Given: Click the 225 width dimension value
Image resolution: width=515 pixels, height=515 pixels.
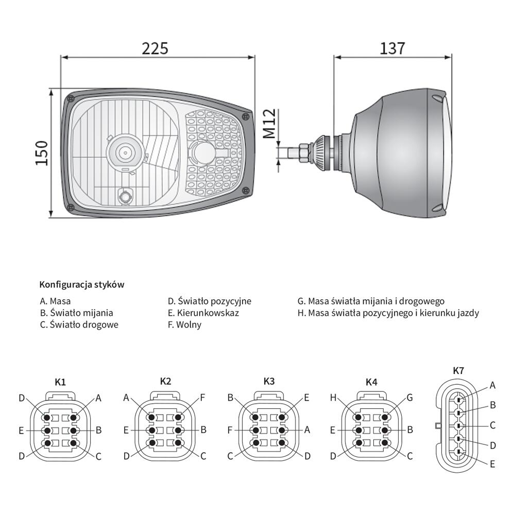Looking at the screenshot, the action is click(154, 48).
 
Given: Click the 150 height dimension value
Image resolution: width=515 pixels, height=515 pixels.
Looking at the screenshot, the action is click(42, 153).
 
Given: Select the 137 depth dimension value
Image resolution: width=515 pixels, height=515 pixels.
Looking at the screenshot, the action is click(392, 48).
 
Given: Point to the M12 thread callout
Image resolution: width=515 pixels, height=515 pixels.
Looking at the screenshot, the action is click(270, 124).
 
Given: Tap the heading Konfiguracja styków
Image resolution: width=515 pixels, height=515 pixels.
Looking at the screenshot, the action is click(82, 284).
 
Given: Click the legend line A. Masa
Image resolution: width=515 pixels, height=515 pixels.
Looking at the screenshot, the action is click(55, 301).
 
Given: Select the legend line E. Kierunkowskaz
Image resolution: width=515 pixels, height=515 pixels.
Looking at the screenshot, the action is click(203, 313).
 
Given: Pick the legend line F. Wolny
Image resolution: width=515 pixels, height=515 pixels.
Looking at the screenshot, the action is click(184, 324).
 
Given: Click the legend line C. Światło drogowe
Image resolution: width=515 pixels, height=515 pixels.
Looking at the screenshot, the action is click(79, 324).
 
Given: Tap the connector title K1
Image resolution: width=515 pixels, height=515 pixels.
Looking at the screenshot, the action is click(60, 382).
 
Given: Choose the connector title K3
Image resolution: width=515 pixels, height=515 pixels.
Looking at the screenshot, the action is click(269, 381).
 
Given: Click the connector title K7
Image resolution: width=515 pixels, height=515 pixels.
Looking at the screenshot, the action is click(458, 370).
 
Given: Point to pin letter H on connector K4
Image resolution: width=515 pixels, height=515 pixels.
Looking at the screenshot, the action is click(333, 398).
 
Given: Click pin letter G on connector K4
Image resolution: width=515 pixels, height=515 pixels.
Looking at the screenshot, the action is click(409, 398).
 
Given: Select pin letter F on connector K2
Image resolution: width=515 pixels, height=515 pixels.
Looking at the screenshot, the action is click(202, 398).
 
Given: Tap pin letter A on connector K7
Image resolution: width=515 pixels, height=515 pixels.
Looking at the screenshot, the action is click(492, 385).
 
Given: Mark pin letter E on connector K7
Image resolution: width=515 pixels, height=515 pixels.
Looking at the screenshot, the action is click(492, 464).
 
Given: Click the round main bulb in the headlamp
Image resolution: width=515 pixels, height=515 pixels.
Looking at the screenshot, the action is click(125, 152).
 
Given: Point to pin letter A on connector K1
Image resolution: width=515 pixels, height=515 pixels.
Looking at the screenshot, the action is click(98, 399).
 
